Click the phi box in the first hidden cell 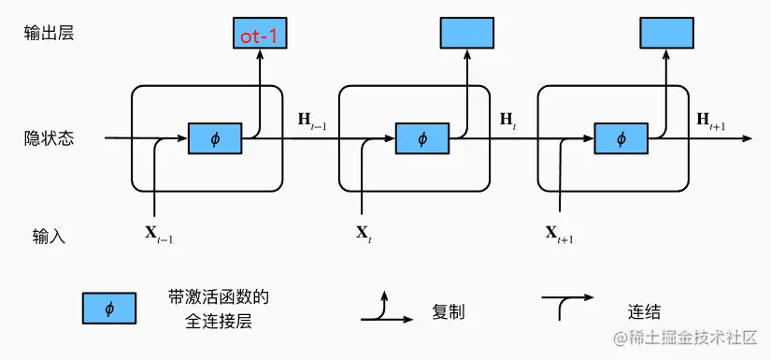tap(215, 139)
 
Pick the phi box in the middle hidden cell tap(421, 139)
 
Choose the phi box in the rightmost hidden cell tap(621, 139)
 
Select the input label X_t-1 tap(158, 234)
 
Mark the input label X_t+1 tap(559, 234)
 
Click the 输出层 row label tap(49, 34)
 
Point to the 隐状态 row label tap(49, 138)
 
